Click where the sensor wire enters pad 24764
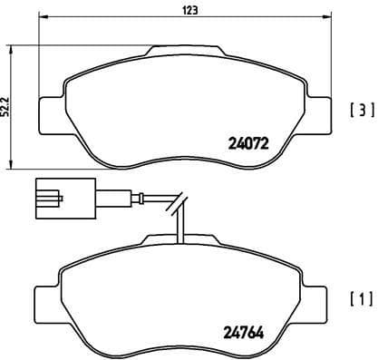coord(182,241)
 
